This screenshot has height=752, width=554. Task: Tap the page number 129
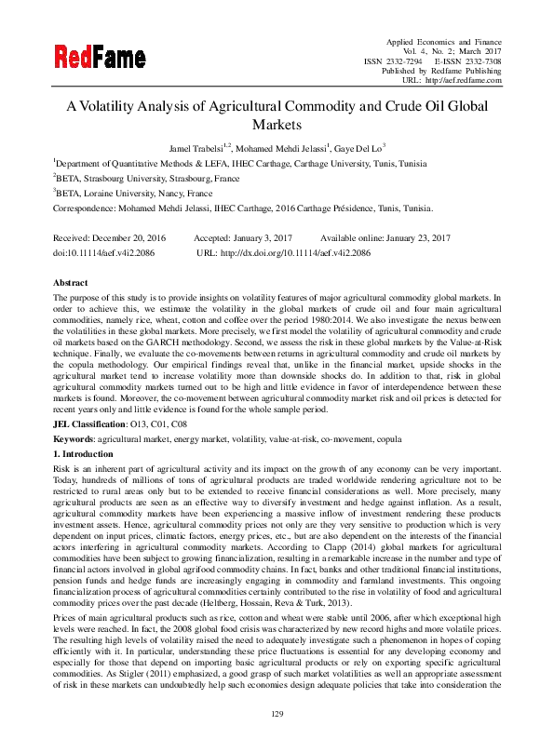click(x=277, y=712)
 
